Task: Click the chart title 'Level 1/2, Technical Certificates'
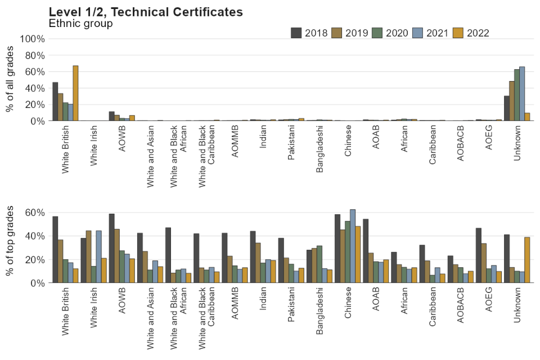[x=146, y=12]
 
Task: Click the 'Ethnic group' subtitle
[x=80, y=24]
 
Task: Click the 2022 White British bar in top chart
[x=75, y=93]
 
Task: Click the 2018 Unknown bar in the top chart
[x=506, y=108]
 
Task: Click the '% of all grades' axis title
[x=10, y=80]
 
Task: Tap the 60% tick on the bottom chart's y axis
[x=34, y=212]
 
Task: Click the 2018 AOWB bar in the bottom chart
[x=111, y=248]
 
